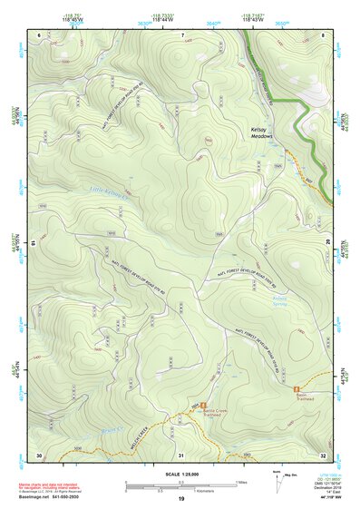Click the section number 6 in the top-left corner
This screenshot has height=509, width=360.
coord(40,34)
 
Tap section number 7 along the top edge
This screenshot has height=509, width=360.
coord(182,34)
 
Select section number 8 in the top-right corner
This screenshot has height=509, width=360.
coord(324,34)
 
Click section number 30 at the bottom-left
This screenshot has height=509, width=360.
coord(39,454)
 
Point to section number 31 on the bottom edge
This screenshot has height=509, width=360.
coord(181,454)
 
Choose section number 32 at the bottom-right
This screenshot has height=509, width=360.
coord(323,454)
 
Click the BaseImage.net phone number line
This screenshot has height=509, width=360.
coord(51,496)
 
